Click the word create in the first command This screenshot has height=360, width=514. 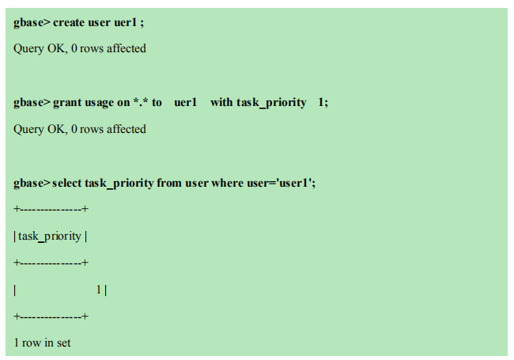pos(71,22)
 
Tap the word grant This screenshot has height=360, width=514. pos(68,103)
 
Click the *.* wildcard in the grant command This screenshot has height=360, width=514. pos(141,103)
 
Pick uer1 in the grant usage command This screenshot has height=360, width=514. pos(185,103)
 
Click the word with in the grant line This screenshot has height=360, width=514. pos(221,103)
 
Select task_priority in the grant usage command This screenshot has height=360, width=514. pos(271,103)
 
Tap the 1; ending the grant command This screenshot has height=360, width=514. pos(323,103)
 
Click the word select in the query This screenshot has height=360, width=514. pos(70,184)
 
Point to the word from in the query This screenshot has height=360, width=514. pos(169,184)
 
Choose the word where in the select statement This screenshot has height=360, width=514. pos(229,184)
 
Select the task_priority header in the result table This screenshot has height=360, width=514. pos(50,236)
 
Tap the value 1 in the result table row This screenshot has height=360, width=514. pos(99,290)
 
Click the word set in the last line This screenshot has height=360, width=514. pos(63,343)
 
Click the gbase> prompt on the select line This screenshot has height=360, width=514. pos(32,184)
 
